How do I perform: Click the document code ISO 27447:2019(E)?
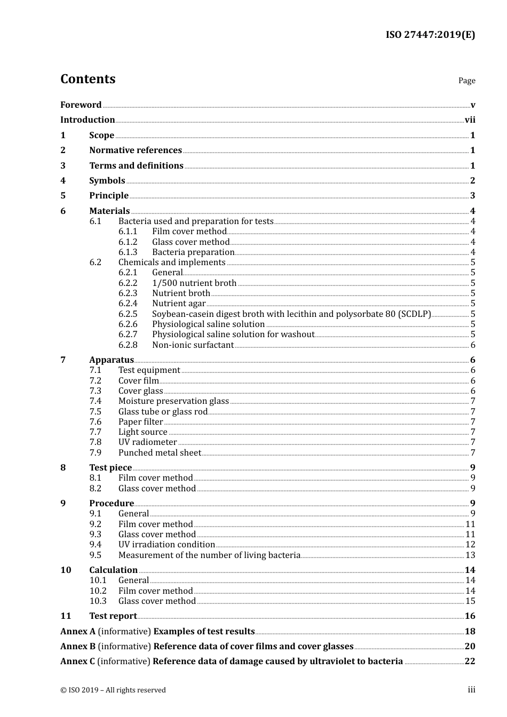click(430, 35)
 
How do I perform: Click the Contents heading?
click(88, 79)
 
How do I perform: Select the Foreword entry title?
click(81, 105)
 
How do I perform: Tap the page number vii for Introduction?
click(470, 120)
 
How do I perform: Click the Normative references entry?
click(136, 150)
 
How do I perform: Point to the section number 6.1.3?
click(128, 252)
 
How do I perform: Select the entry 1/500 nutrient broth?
click(194, 283)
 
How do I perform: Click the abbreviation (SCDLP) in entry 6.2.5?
click(415, 314)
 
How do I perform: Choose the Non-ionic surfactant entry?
click(193, 345)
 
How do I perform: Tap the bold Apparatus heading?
click(112, 360)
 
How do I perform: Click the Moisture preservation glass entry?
click(173, 401)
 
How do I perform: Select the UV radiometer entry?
click(147, 442)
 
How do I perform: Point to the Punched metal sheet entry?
click(160, 453)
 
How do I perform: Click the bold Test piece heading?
click(110, 468)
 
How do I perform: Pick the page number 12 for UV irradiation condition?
click(470, 545)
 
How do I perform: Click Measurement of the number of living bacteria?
click(209, 555)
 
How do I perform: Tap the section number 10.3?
click(98, 601)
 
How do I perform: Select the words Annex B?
click(78, 647)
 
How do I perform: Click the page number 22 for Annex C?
click(470, 662)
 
